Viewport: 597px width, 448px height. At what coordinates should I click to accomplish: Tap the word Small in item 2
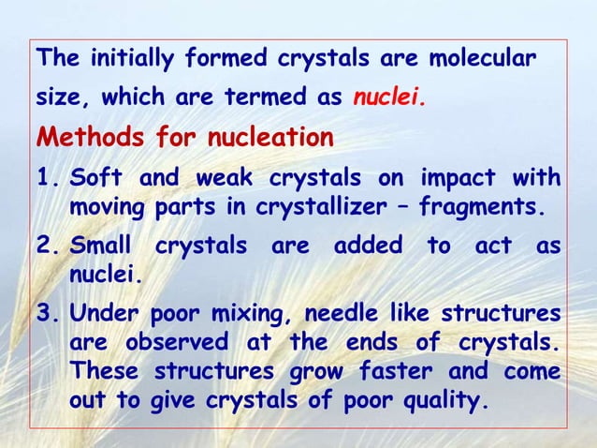(102, 246)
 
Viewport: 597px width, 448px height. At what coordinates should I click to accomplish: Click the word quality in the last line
(438, 403)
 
